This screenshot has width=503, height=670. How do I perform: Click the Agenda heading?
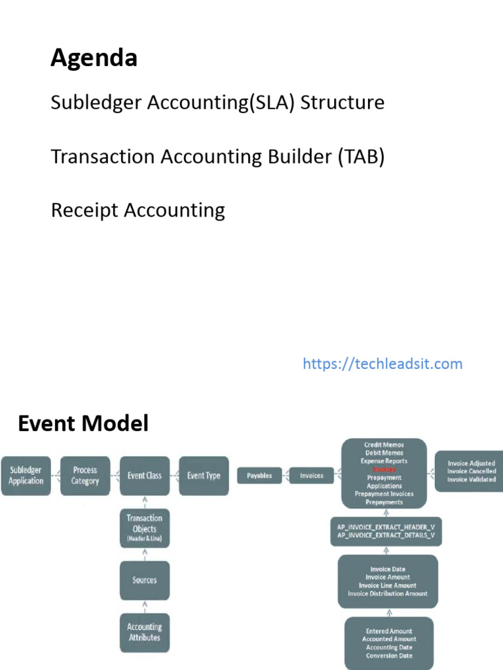(94, 59)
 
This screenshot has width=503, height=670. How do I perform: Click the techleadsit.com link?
(382, 364)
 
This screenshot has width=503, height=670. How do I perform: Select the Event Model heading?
(83, 424)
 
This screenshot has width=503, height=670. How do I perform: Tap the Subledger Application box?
(26, 476)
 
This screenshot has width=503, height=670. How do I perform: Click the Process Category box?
(85, 476)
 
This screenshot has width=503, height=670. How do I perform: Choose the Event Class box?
(145, 476)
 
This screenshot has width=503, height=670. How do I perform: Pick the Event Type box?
(204, 476)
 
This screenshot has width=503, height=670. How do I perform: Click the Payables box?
(260, 476)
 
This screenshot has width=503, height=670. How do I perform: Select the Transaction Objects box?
(145, 528)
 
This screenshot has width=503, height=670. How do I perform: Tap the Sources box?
(145, 580)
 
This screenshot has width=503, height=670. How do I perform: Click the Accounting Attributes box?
(145, 633)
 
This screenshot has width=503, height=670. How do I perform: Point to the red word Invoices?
(384, 470)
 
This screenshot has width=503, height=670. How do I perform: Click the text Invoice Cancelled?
(472, 471)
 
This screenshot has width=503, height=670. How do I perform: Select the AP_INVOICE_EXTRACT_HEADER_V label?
(386, 527)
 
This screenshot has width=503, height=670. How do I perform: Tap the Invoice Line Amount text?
(388, 586)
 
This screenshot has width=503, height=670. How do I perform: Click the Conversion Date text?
(390, 656)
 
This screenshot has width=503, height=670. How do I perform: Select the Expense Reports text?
(384, 461)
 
